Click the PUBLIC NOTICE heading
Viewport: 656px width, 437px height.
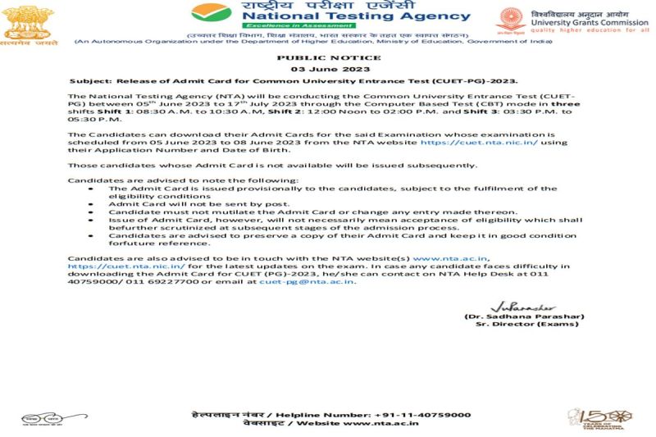click(328, 57)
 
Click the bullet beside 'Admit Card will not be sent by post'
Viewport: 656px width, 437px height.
click(90, 203)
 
